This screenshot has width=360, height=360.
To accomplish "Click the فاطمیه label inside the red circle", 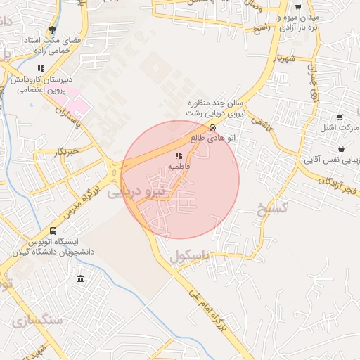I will pos(178,166).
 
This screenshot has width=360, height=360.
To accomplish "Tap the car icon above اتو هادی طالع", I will pos(214,127).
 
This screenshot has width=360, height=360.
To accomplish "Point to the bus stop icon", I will pos(53,231).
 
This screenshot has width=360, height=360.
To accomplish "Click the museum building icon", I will pos(80,279).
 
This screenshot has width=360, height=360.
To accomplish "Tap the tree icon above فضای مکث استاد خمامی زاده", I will pos(51,30).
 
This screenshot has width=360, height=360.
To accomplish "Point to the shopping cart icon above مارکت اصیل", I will pos(340,117).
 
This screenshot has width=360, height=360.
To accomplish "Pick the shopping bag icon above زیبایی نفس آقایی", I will pos(341,148).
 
